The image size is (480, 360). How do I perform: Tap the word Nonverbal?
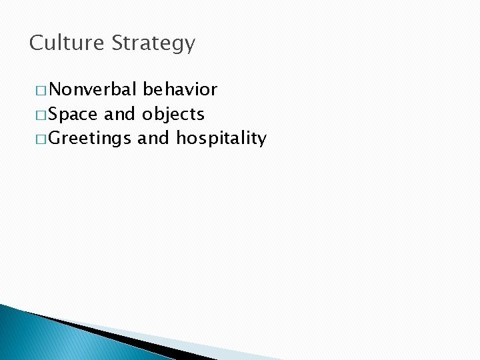click(93, 89)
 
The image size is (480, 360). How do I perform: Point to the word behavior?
click(180, 89)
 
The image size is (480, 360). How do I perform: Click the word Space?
click(74, 114)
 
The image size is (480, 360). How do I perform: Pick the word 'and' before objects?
click(120, 114)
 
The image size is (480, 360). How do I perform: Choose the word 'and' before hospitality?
click(153, 139)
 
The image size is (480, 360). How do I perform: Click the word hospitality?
click(221, 139)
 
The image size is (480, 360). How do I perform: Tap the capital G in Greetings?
click(55, 139)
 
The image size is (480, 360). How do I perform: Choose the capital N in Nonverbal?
click(55, 89)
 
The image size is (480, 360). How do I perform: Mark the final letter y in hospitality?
click(262, 141)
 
